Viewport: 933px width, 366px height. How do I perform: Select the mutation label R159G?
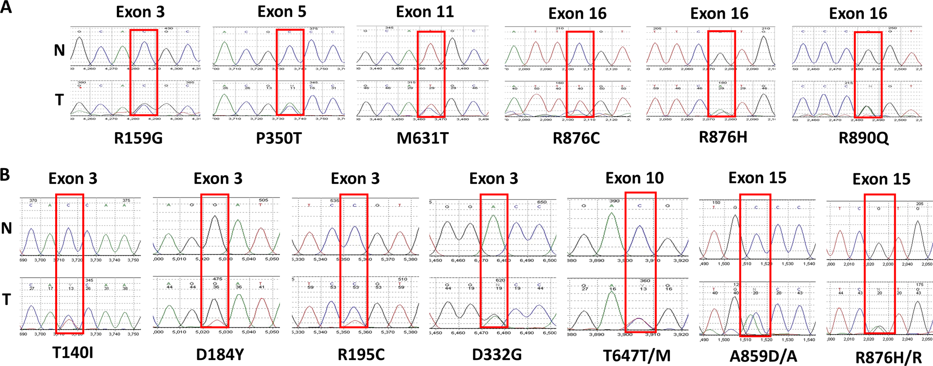point(138,138)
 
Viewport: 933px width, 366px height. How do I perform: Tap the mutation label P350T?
point(279,138)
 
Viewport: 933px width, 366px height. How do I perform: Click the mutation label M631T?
point(423,138)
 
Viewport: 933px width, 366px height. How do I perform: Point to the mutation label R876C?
point(576,138)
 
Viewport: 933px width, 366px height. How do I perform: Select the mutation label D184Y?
point(220,354)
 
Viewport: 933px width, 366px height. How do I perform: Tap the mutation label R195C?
point(361,354)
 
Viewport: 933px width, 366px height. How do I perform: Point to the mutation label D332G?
point(496,354)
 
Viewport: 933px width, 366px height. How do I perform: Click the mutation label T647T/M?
point(637,355)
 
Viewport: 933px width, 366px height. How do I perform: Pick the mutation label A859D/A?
point(763,356)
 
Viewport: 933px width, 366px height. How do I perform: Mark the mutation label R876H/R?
point(889,357)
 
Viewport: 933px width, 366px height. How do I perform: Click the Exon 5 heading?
point(282,12)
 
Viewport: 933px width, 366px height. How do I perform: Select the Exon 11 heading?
point(425,12)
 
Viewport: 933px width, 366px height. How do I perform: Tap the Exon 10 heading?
point(634,178)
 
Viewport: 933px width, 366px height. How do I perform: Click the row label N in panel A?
point(59,50)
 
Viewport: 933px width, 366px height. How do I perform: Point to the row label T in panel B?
point(7,299)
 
